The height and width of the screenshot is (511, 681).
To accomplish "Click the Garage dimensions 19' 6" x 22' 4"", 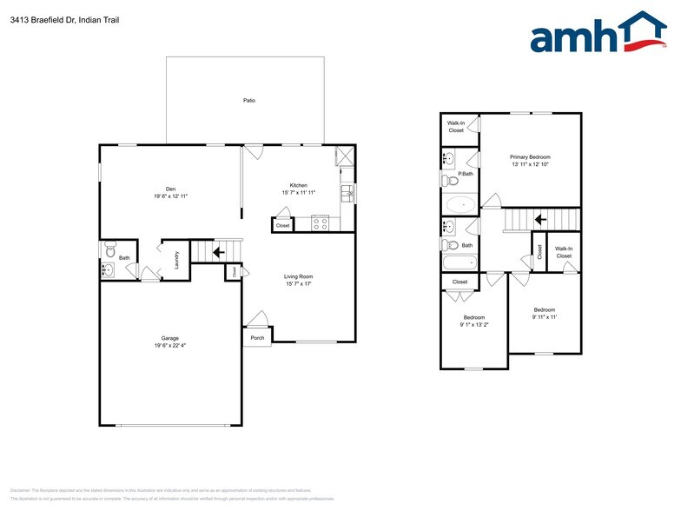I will pyautogui.click(x=169, y=345).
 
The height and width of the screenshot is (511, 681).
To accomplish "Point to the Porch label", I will pyautogui.click(x=257, y=338).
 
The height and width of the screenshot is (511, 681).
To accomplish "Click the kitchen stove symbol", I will pyautogui.click(x=320, y=222).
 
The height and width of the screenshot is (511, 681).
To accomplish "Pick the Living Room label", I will pyautogui.click(x=298, y=277).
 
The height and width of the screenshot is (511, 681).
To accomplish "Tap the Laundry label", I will pyautogui.click(x=176, y=260).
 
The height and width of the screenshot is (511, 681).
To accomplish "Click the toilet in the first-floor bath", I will pyautogui.click(x=109, y=252).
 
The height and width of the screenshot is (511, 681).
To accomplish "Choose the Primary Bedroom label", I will pyautogui.click(x=530, y=157).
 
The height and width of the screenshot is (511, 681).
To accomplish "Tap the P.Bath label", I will pyautogui.click(x=466, y=174).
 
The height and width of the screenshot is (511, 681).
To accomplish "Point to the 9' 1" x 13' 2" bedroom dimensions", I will pyautogui.click(x=474, y=325).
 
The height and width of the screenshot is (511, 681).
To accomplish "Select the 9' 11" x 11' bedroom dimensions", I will pyautogui.click(x=545, y=317).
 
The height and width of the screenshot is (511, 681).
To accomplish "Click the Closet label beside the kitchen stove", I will pyautogui.click(x=282, y=226).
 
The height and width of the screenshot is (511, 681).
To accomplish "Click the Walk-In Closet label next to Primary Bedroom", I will pyautogui.click(x=456, y=127).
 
